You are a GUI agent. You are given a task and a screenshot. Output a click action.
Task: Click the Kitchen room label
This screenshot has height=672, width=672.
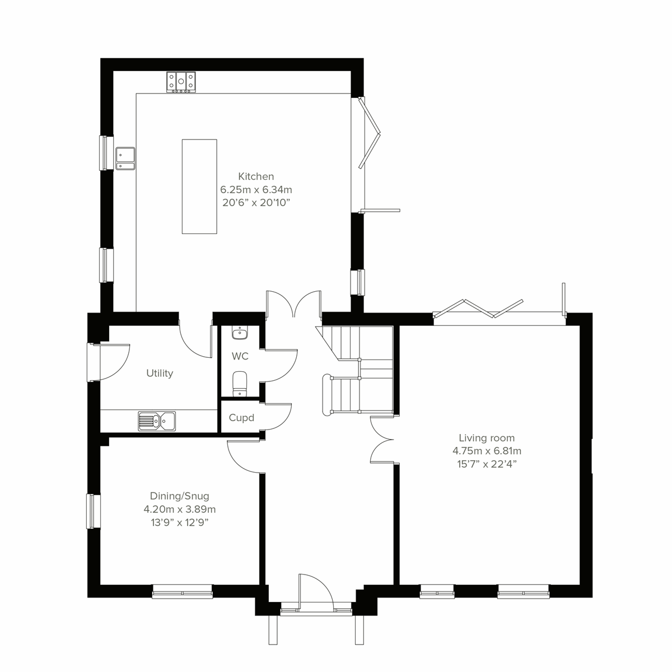click(256, 176)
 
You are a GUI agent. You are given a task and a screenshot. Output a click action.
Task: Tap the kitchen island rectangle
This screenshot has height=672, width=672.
click(199, 186)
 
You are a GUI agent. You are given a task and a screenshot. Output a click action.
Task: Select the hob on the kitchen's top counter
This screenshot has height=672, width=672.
click(180, 82)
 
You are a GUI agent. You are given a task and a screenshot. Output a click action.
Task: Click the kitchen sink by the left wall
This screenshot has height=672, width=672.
click(124, 158)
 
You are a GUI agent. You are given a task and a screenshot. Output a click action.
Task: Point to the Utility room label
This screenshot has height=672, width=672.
click(160, 373)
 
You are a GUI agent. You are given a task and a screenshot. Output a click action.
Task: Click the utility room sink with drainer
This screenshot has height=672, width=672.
click(157, 421)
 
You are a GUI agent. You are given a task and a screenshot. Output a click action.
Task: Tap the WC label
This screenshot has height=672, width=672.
click(240, 356)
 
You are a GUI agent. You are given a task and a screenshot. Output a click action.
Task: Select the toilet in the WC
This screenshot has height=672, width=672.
click(240, 382)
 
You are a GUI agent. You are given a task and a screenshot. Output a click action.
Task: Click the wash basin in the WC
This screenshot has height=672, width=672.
click(240, 333)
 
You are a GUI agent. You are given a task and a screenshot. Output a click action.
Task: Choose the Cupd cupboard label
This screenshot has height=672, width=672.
click(241, 418)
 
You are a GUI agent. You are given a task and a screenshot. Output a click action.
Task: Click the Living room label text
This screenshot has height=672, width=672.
click(487, 438)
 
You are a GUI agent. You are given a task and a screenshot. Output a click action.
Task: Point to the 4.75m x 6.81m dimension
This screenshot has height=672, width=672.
click(487, 451)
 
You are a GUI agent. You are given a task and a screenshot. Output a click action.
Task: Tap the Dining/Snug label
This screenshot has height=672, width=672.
click(179, 496)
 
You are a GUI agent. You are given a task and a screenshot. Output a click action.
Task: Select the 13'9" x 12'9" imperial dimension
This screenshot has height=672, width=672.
click(179, 522)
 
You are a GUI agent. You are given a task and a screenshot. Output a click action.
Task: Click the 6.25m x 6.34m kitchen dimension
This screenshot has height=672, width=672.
click(256, 189)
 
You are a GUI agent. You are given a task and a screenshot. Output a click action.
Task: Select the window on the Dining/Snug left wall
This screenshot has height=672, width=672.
click(92, 511)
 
